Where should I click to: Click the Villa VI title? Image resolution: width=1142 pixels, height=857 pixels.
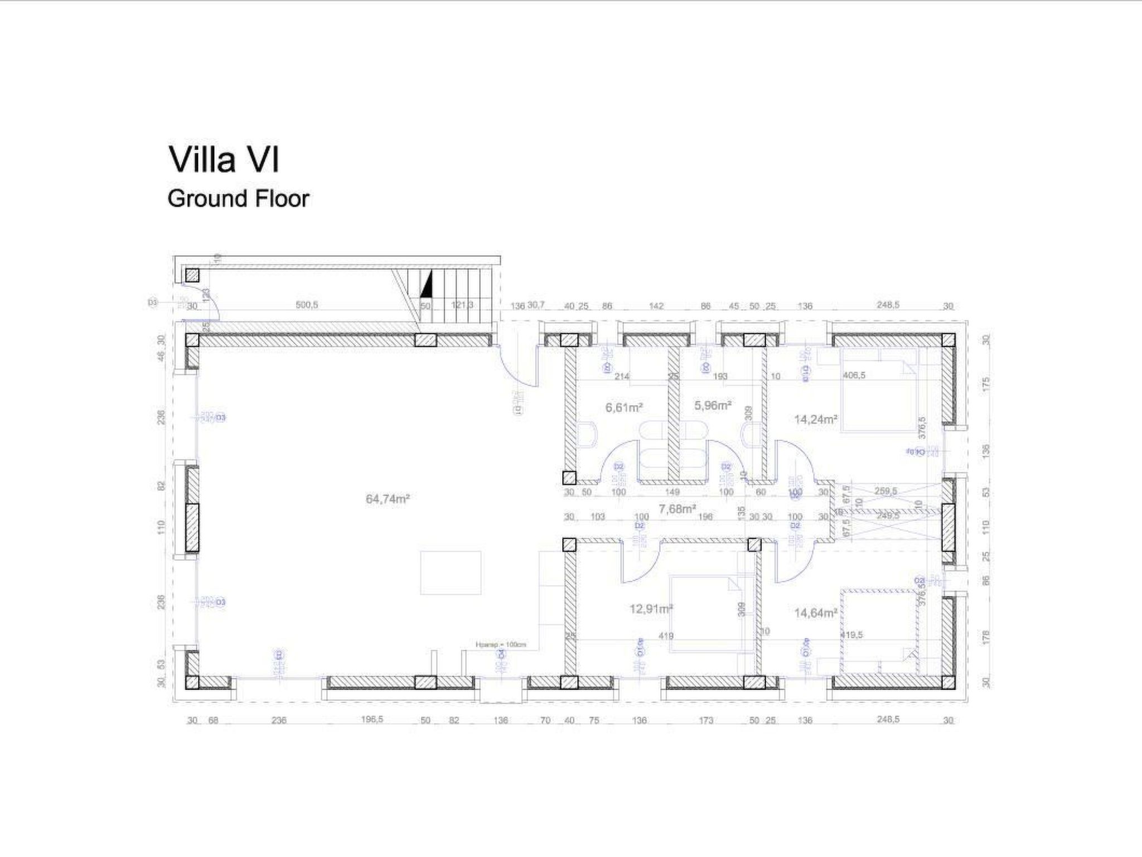tap(224, 160)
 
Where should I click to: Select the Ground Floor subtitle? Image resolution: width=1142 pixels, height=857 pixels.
tap(238, 199)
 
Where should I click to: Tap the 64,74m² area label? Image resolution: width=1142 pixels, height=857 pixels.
tap(388, 499)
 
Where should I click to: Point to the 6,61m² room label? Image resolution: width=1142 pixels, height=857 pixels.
tap(624, 408)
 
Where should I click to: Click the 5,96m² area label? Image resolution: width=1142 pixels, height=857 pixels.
tap(713, 406)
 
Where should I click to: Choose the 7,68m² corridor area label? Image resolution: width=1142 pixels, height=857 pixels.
tap(677, 508)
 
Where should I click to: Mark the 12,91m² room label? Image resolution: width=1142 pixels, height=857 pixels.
tap(651, 609)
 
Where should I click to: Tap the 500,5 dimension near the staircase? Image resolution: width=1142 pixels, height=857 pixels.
tap(307, 305)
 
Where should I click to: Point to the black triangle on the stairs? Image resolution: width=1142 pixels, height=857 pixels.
tap(426, 285)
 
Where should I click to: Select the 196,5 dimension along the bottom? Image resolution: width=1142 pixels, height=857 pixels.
tap(372, 719)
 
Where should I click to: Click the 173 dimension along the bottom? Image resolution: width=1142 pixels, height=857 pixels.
tap(706, 720)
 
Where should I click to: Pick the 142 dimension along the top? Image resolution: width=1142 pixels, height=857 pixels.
tap(657, 306)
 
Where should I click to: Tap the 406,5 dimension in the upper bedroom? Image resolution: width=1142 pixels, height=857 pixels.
tap(854, 375)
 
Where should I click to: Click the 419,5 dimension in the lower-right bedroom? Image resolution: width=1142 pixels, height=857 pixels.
tap(852, 634)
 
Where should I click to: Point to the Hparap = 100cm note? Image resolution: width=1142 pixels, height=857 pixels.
tap(501, 644)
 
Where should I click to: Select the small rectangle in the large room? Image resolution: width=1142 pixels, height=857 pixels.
tap(451, 573)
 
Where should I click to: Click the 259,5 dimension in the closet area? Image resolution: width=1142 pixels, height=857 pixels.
tap(885, 491)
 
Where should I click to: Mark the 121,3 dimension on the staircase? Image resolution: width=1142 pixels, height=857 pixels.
tap(462, 305)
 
